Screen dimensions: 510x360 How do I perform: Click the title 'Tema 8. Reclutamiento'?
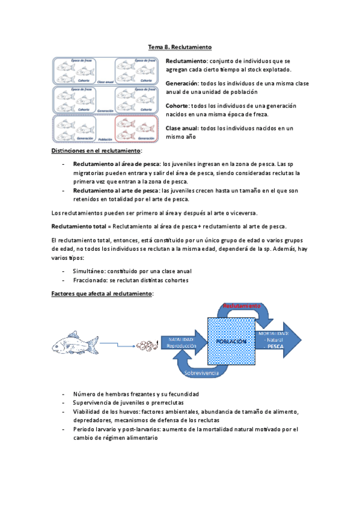(x=180, y=46)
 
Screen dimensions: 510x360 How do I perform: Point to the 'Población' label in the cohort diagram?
(x=105, y=138)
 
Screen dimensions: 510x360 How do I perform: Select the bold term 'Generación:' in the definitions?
(x=182, y=83)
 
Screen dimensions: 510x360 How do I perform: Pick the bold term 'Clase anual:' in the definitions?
(x=182, y=128)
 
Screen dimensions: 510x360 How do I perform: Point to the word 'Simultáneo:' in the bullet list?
(x=90, y=271)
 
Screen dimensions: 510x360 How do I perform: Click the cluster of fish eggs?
(x=147, y=345)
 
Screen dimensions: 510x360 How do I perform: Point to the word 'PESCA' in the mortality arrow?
(x=275, y=347)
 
